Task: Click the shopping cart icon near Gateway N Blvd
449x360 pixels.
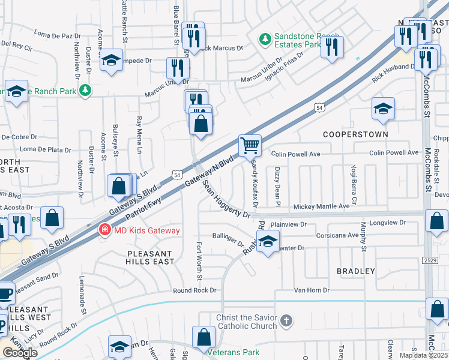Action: click(x=250, y=145)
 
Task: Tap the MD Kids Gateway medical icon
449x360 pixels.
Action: click(x=104, y=230)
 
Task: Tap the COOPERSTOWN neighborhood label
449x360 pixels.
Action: click(x=355, y=134)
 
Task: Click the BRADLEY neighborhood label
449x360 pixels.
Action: click(x=355, y=271)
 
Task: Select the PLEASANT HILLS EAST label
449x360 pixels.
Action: click(x=150, y=257)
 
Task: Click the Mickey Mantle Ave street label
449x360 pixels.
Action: click(x=321, y=206)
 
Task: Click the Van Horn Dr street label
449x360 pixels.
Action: click(x=312, y=290)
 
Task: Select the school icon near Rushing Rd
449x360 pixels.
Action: click(x=268, y=242)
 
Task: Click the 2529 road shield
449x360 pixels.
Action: click(x=429, y=259)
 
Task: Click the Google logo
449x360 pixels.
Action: click(x=20, y=353)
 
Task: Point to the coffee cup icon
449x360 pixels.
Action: click(x=5, y=294)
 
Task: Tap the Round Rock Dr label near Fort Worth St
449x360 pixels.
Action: click(x=194, y=290)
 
